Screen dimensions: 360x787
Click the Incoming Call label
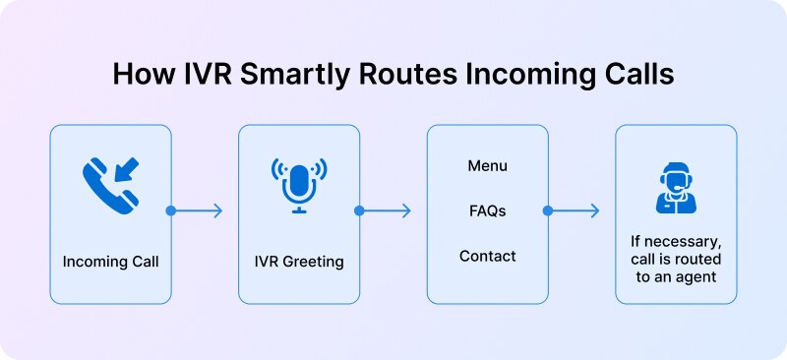pyautogui.click(x=110, y=262)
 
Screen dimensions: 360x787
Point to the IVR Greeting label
pyautogui.click(x=298, y=262)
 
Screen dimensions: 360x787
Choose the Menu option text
pyautogui.click(x=487, y=165)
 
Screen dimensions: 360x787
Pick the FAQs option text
pyautogui.click(x=487, y=210)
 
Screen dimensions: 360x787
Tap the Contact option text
pyautogui.click(x=487, y=256)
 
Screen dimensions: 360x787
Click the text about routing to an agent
pyautogui.click(x=675, y=258)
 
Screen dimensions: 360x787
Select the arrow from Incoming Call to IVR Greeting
pyautogui.click(x=199, y=210)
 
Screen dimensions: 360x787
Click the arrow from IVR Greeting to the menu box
pyautogui.click(x=387, y=210)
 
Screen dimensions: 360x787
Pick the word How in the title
pyautogui.click(x=139, y=74)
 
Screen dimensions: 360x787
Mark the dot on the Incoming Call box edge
pyautogui.click(x=171, y=210)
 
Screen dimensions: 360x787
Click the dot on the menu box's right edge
pyautogui.click(x=548, y=210)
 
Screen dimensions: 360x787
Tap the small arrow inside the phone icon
pyautogui.click(x=125, y=168)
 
